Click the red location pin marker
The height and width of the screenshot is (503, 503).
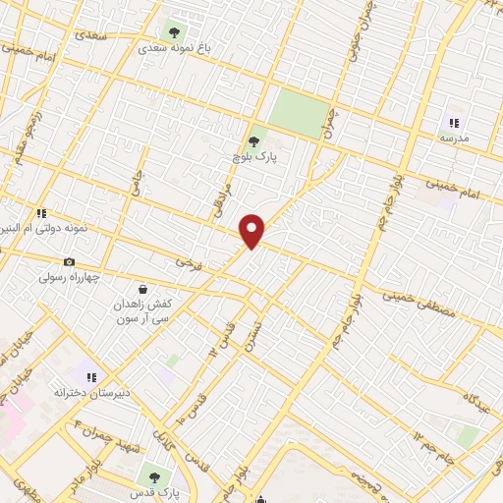click(x=252, y=231)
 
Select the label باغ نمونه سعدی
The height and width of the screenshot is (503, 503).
click(x=177, y=47)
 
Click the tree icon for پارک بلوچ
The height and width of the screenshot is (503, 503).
click(x=254, y=140)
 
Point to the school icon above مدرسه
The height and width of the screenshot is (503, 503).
click(x=454, y=123)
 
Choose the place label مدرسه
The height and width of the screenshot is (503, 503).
click(x=454, y=139)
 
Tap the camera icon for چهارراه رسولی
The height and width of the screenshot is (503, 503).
click(x=69, y=261)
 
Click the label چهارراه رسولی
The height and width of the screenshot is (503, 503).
click(x=71, y=277)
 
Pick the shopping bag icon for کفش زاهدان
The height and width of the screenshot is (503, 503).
click(x=143, y=290)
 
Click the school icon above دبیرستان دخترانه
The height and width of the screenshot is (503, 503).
click(x=91, y=375)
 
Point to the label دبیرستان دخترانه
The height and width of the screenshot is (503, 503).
click(x=89, y=391)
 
